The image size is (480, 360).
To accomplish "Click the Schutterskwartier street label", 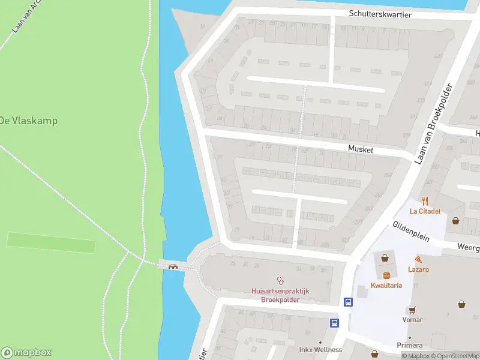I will (x=380, y=14).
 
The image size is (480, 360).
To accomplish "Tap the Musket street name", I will (x=361, y=149).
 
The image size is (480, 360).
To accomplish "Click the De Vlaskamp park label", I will (x=29, y=121).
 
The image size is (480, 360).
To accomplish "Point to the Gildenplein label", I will (x=411, y=231).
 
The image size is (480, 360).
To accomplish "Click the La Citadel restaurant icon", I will (x=425, y=201).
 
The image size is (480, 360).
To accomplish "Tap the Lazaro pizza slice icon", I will (x=418, y=259).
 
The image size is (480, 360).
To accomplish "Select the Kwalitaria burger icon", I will (x=386, y=275).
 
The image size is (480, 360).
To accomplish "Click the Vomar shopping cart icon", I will (x=412, y=310).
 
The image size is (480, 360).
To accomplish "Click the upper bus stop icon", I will (x=347, y=302).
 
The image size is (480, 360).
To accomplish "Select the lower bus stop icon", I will (x=334, y=323).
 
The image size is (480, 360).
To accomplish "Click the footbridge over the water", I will (x=174, y=266).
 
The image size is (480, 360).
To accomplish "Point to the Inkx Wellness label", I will (x=320, y=350).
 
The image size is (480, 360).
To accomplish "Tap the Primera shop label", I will (x=409, y=345).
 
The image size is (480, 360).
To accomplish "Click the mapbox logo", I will (x=26, y=353).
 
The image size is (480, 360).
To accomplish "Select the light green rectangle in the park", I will (x=51, y=242).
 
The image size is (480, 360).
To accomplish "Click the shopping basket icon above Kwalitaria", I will (x=385, y=257).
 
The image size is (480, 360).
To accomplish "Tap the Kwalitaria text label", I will (x=386, y=286).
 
